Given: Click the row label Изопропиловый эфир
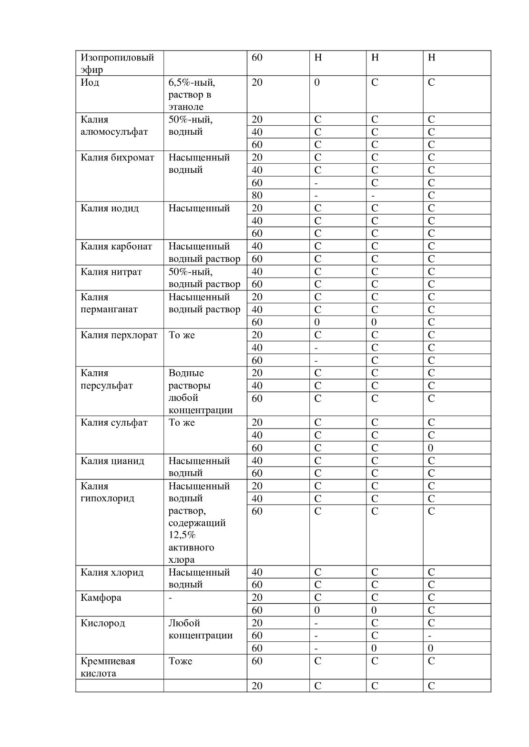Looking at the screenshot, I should pyautogui.click(x=117, y=64).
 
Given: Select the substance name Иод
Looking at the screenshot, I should pyautogui.click(x=90, y=82).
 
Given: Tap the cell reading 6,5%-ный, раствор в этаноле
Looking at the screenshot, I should pyautogui.click(x=192, y=94).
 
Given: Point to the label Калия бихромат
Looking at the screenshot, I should pyautogui.click(x=117, y=158).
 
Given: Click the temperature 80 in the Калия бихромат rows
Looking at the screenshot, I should pyautogui.click(x=257, y=195).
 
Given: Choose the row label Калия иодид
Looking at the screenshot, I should pyautogui.click(x=110, y=208).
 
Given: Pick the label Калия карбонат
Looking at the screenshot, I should pyautogui.click(x=116, y=246).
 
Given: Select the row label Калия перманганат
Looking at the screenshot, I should pyautogui.click(x=109, y=303).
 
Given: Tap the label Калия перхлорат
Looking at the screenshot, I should pyautogui.click(x=119, y=335).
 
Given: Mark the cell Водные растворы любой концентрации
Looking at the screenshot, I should pyautogui.click(x=200, y=391).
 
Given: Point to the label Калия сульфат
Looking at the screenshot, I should pyautogui.click(x=114, y=423).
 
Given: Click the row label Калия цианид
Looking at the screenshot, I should pyautogui.click(x=112, y=461).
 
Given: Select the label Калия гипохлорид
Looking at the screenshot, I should pyautogui.click(x=107, y=492).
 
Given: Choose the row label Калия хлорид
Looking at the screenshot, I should pyautogui.click(x=112, y=572).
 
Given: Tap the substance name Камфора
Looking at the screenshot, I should pyautogui.click(x=101, y=598).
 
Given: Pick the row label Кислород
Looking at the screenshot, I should pyautogui.click(x=102, y=623).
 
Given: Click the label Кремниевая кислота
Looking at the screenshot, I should pyautogui.click(x=108, y=667).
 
